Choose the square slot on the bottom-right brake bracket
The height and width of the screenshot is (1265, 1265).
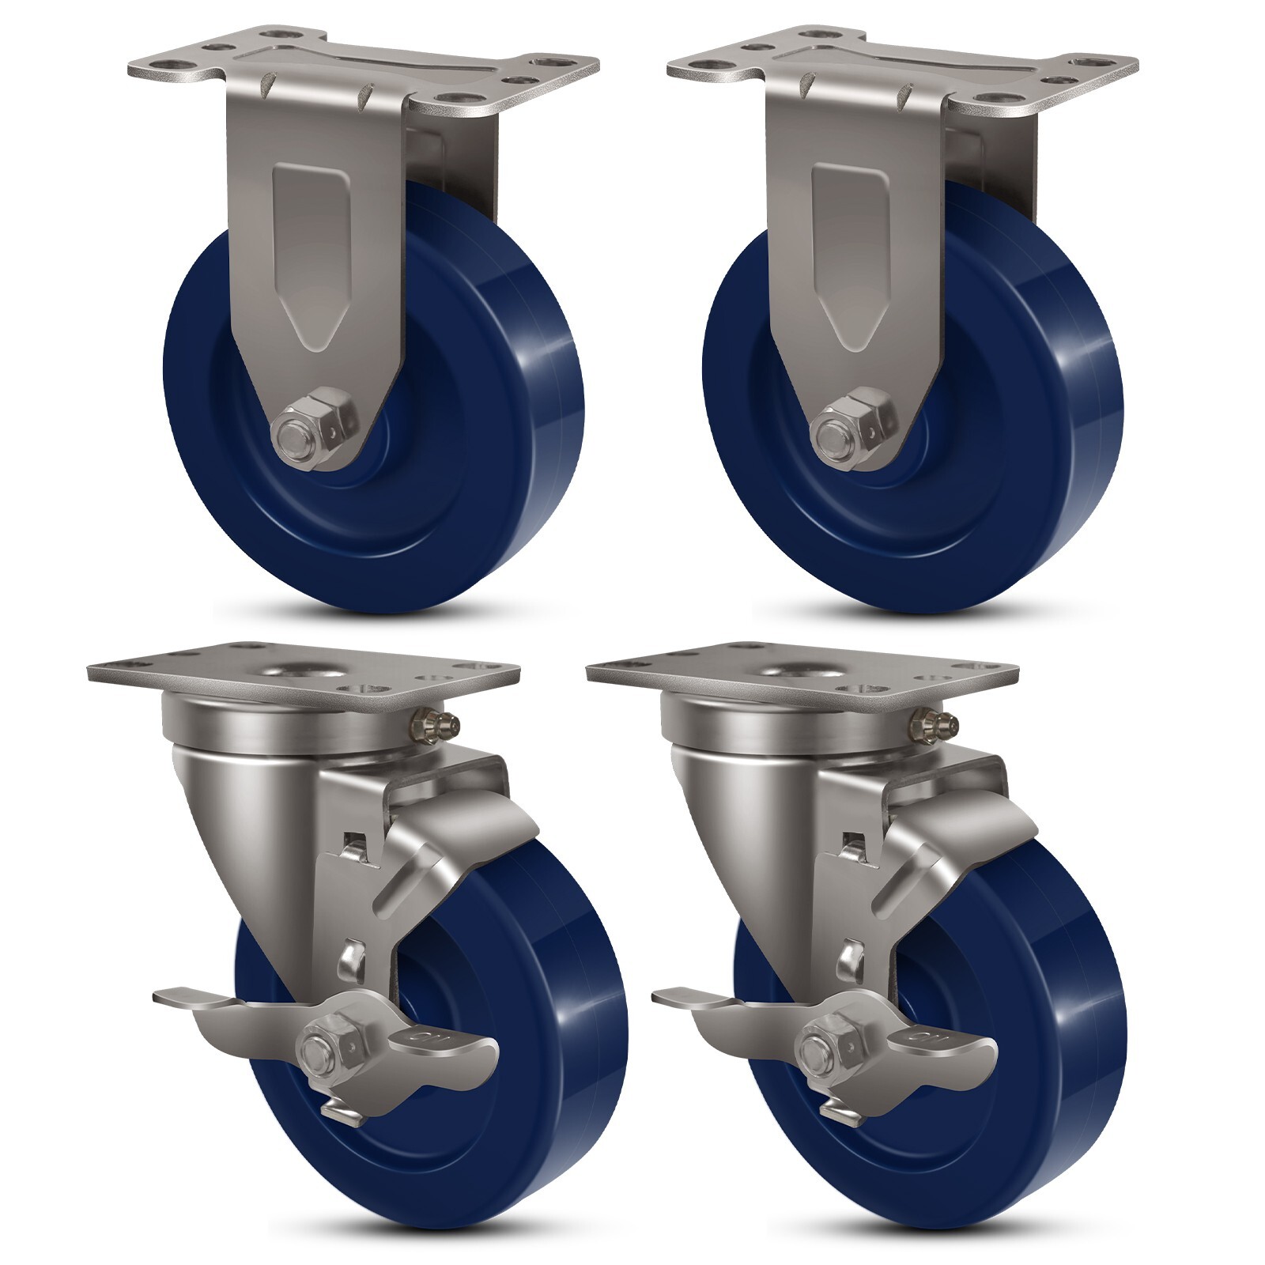[x=852, y=840]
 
